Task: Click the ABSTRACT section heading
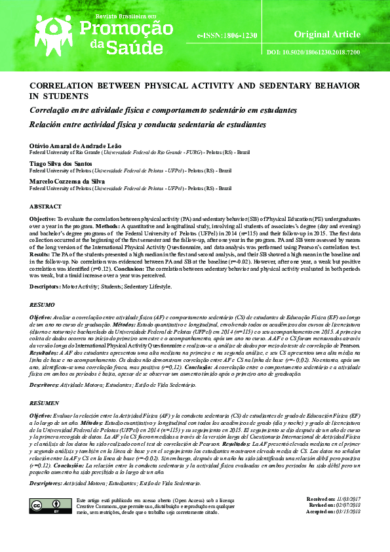(46, 206)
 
